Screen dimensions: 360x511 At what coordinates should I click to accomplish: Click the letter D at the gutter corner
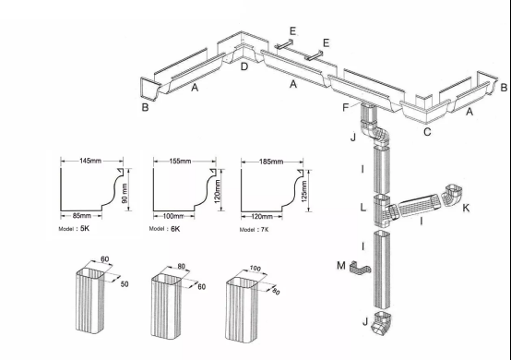tap(244, 66)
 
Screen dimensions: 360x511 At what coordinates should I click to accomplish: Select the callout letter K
tap(466, 209)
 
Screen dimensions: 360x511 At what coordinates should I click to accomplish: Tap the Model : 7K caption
tap(255, 227)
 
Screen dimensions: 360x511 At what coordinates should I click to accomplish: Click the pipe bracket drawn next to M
tap(360, 270)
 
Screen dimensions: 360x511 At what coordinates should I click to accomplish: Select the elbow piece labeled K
tap(451, 197)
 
